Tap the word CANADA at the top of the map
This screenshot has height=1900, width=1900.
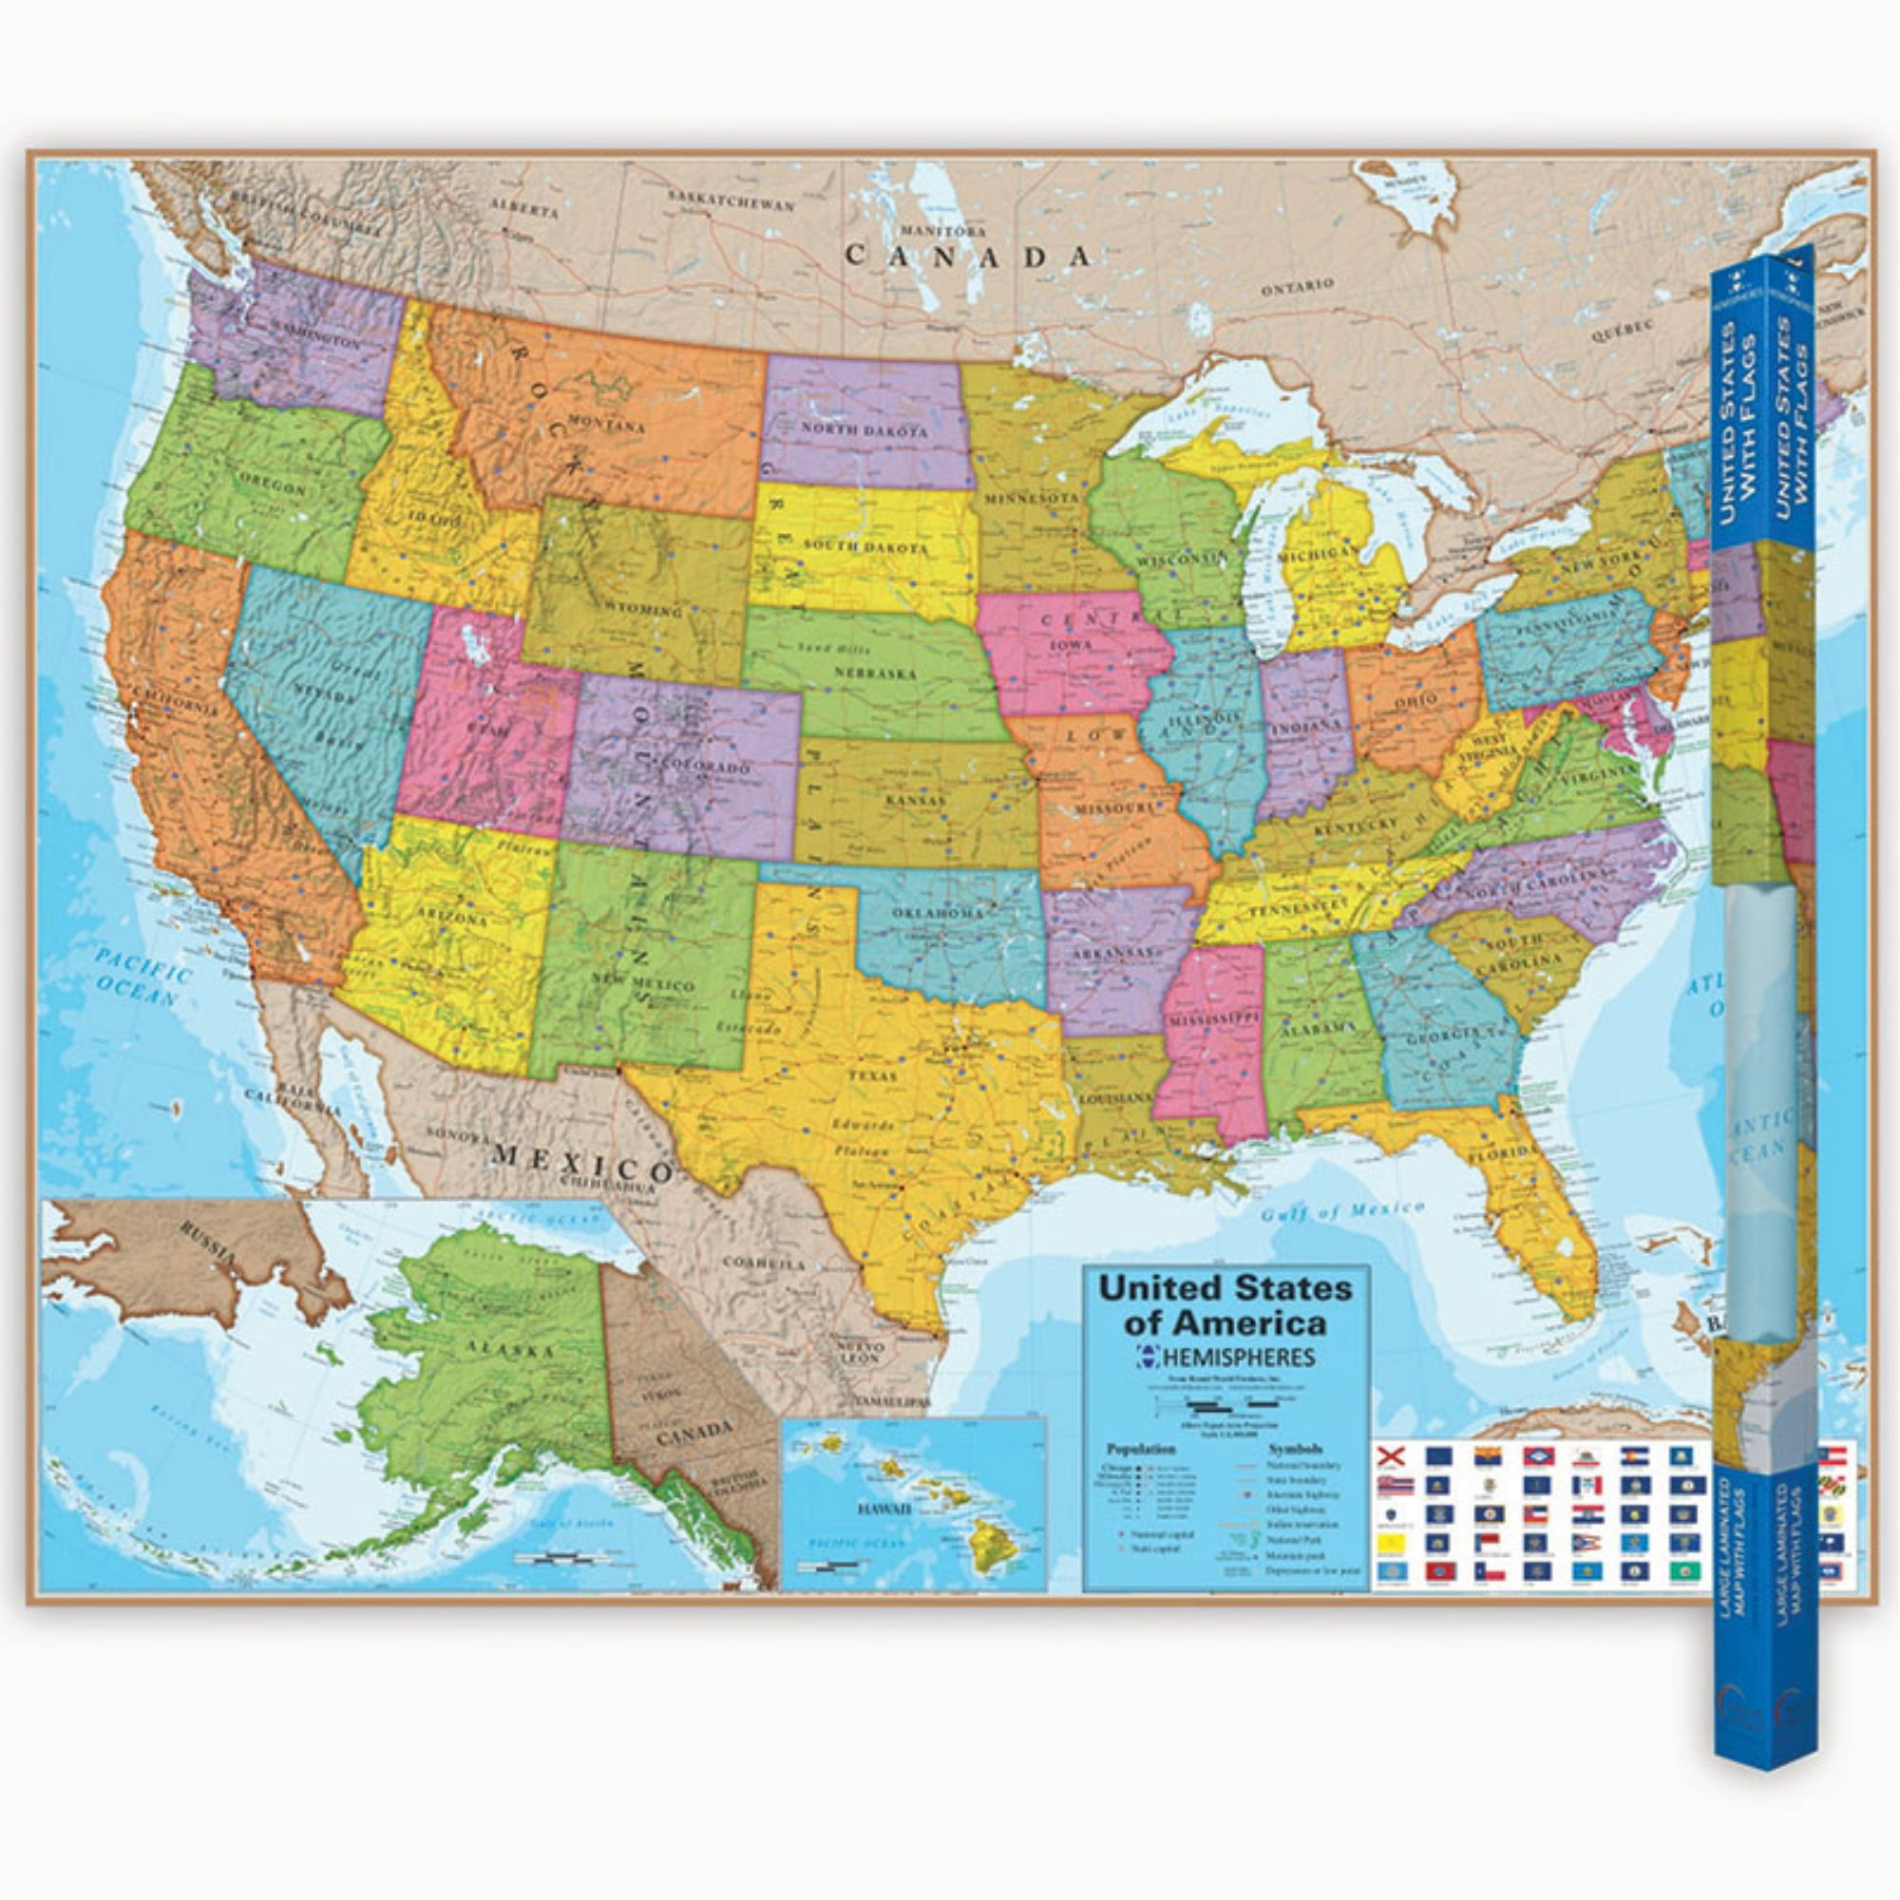[969, 256]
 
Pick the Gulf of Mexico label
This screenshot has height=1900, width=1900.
[1343, 1210]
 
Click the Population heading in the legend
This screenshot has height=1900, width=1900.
[1140, 1450]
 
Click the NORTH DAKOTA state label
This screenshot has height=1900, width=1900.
[864, 430]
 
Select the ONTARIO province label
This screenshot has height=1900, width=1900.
[1299, 286]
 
